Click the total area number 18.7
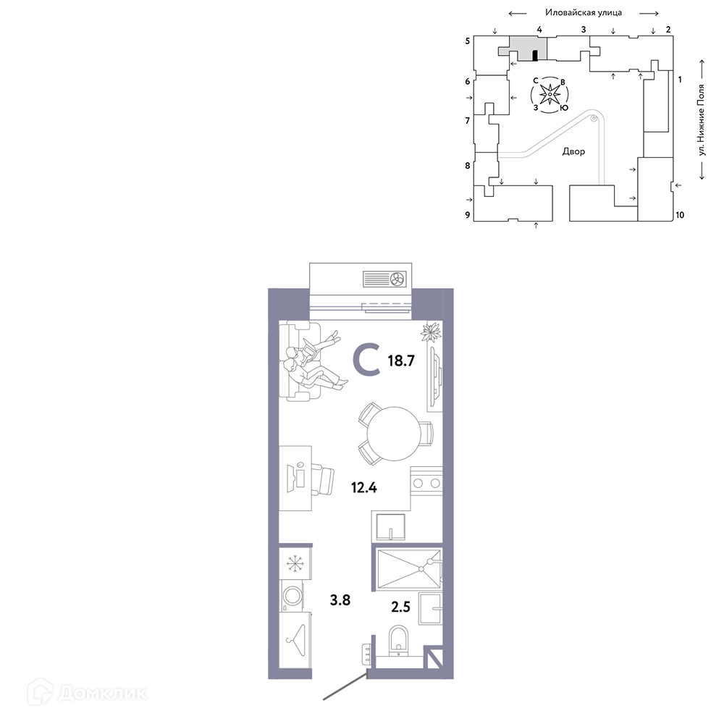(401, 361)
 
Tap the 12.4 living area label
(364, 487)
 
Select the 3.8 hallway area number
(340, 599)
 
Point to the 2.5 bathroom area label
(400, 606)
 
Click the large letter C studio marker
(366, 360)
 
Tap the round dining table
(394, 434)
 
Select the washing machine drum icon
(292, 596)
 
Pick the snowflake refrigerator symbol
(294, 563)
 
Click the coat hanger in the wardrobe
(296, 639)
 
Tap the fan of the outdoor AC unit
(397, 279)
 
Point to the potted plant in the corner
(431, 332)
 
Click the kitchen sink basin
(391, 527)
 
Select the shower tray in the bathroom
(408, 569)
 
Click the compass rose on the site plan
(550, 95)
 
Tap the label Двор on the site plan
(573, 151)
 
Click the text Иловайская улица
(583, 12)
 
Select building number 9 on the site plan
(468, 215)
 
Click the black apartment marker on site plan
(535, 56)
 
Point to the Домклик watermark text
(103, 693)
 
